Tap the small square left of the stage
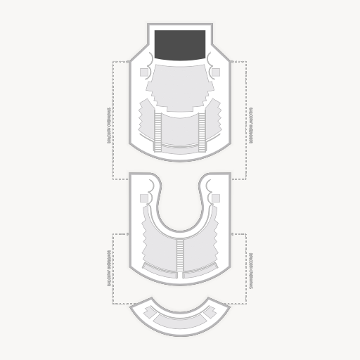(x=145, y=72)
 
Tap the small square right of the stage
(x=215, y=72)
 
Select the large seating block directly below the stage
(x=180, y=87)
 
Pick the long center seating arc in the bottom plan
(x=180, y=321)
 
